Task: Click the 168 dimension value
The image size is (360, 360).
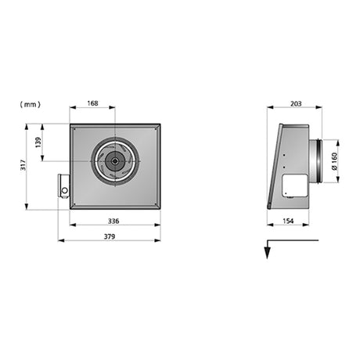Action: pos(92,103)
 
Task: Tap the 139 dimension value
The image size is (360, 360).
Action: pos(38,142)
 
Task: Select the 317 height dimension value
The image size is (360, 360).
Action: pos(23,165)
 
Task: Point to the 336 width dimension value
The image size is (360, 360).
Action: pos(113,221)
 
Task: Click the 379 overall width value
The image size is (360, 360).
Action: pos(110,236)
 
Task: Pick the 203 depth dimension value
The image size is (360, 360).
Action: pos(296,104)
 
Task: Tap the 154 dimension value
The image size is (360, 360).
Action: pos(288,221)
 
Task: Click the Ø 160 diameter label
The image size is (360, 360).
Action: pos(334,161)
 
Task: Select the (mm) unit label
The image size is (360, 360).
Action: pos(31,105)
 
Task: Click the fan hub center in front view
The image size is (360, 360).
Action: pos(115,161)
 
